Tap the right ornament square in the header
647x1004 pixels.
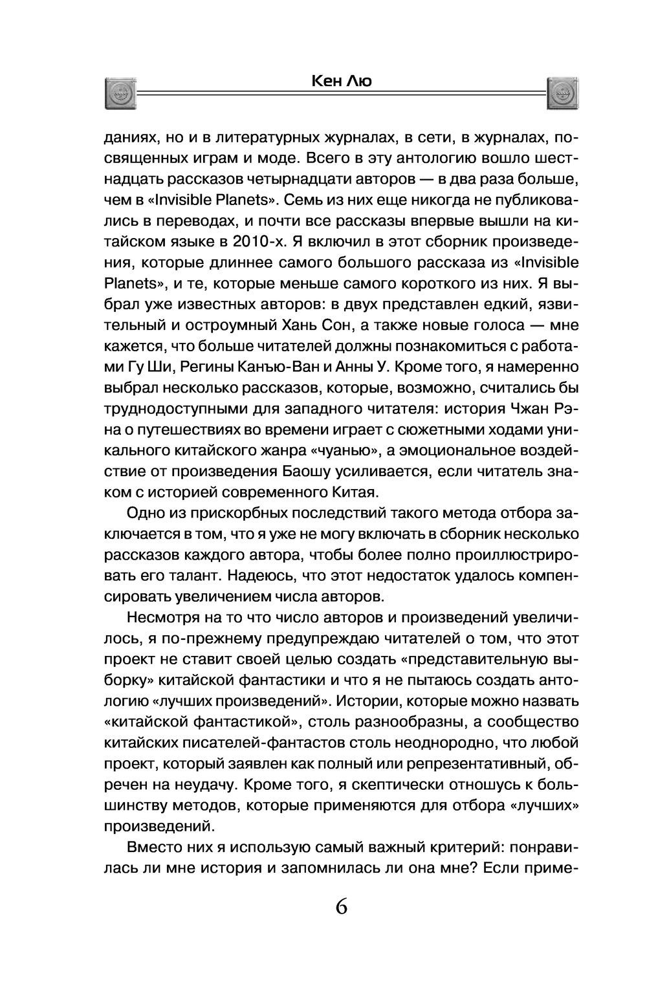tap(563, 94)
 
